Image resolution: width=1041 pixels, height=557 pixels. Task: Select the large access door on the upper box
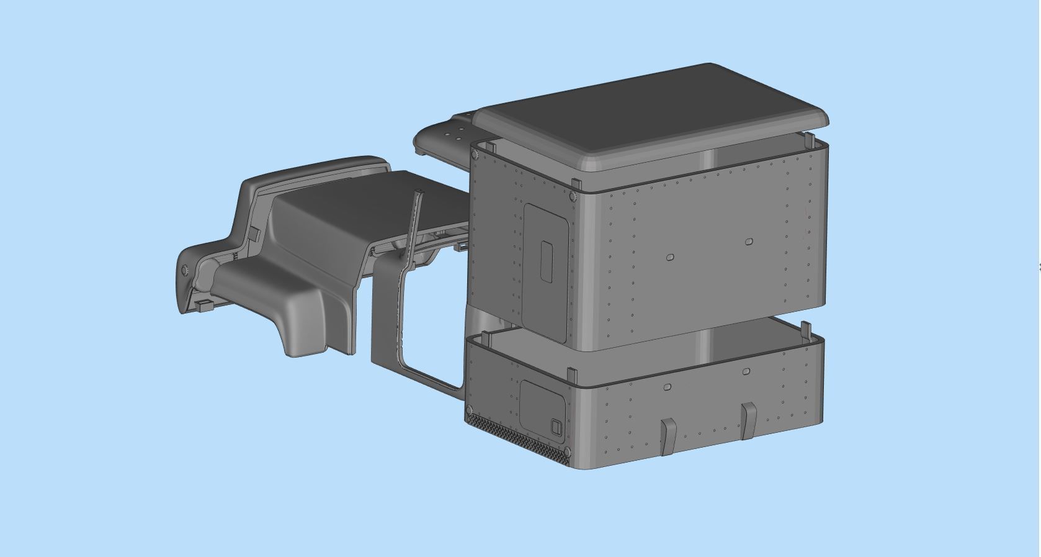coord(546,273)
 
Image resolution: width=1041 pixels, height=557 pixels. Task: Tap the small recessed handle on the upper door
coord(547,261)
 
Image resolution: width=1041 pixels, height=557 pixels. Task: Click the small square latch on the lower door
coord(556,426)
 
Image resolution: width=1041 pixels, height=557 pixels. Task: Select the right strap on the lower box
coord(748,420)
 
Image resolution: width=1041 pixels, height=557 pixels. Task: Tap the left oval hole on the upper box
coord(669,257)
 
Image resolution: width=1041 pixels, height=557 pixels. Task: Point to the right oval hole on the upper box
coord(749,241)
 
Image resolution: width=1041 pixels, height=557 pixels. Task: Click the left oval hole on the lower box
coord(667,387)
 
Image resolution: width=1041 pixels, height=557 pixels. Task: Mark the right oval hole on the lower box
coord(746,372)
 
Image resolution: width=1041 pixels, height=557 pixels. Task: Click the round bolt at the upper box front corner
coord(572,196)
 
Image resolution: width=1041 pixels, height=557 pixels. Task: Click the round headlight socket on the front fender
coord(185,271)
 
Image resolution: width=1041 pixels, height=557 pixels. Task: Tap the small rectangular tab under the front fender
coord(204,306)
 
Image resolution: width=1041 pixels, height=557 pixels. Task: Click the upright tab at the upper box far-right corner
coord(810,141)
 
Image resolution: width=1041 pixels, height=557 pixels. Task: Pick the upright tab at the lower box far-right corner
coord(806,330)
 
